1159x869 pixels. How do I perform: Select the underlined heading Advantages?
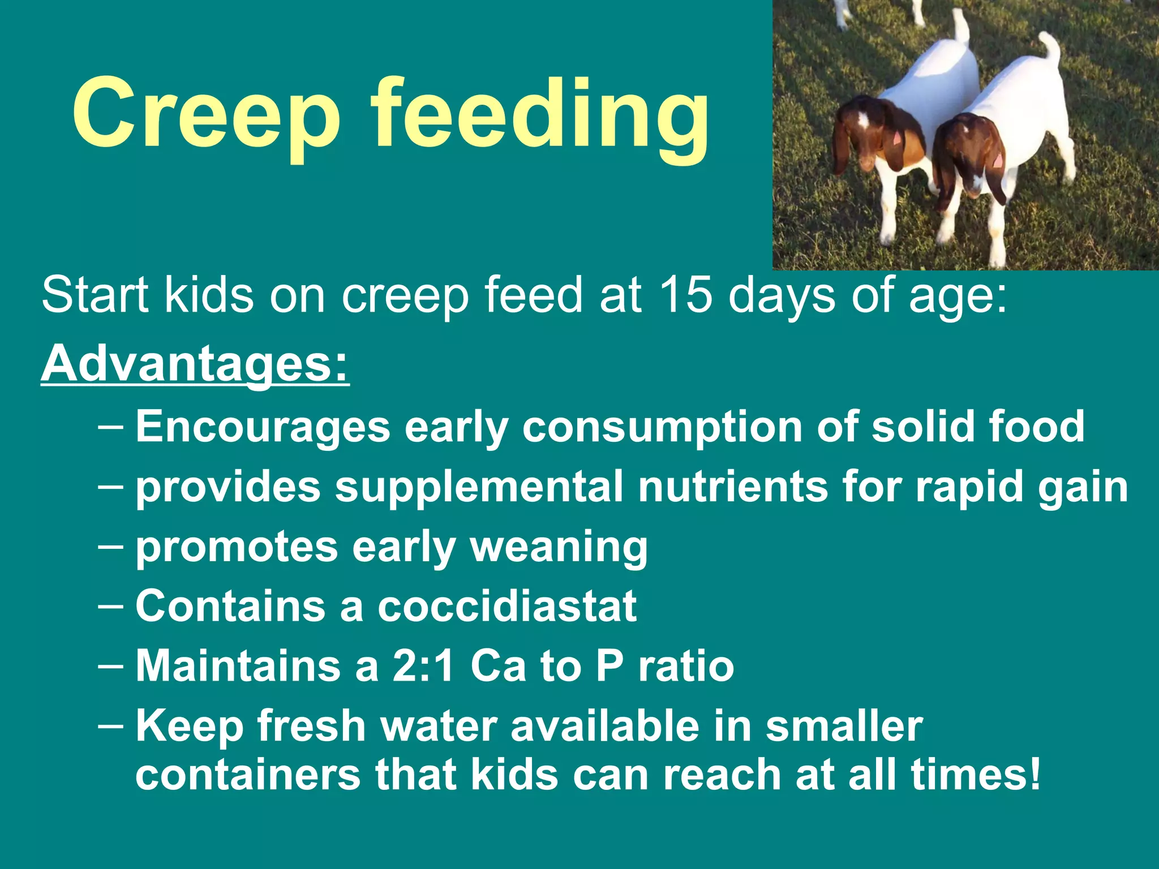click(x=195, y=363)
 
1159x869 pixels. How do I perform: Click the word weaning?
click(x=559, y=548)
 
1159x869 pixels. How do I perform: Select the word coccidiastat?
click(x=507, y=606)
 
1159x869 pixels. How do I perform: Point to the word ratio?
click(x=686, y=666)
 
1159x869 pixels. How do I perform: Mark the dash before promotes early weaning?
click(x=110, y=547)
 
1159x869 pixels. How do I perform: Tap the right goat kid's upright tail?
click(x=1050, y=48)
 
